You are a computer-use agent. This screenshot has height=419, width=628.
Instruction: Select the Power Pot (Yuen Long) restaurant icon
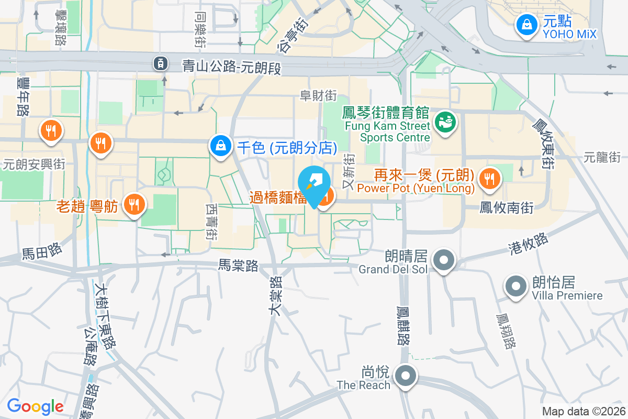[490, 179]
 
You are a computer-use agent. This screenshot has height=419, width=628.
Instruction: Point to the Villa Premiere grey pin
[516, 286]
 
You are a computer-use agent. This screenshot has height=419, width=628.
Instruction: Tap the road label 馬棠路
[239, 266]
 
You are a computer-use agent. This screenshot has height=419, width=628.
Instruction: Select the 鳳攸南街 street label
[506, 208]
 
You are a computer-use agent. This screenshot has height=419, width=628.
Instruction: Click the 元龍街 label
[602, 157]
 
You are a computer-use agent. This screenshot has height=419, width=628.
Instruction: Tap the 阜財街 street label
[318, 95]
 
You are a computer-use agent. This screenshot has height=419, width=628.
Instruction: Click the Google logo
[35, 406]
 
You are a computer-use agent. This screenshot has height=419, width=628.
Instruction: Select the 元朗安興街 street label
[34, 164]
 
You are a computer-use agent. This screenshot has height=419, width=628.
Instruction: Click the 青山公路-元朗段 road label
[231, 65]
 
